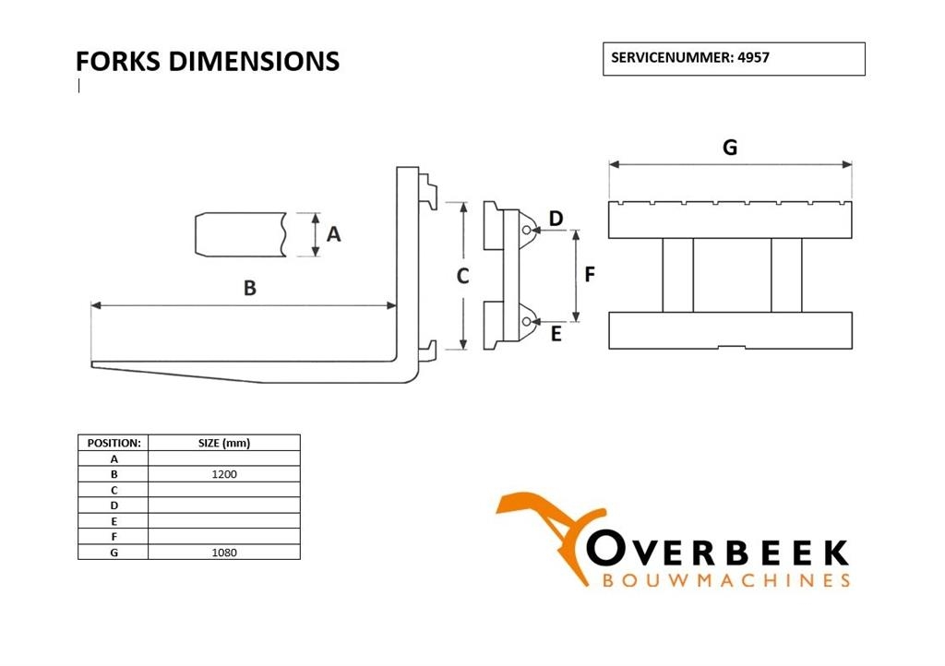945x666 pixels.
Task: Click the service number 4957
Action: pos(753,58)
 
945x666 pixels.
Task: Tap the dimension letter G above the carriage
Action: pos(730,148)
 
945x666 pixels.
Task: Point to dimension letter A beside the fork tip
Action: pos(333,234)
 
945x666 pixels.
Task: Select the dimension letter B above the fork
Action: pos(249,289)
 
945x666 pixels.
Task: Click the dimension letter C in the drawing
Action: pos(462,277)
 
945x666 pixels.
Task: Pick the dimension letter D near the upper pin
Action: pos(556,219)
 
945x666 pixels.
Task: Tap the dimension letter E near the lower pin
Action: pos(556,334)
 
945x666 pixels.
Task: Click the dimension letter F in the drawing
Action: pos(590,275)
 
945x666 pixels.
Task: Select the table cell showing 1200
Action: pos(224,474)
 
